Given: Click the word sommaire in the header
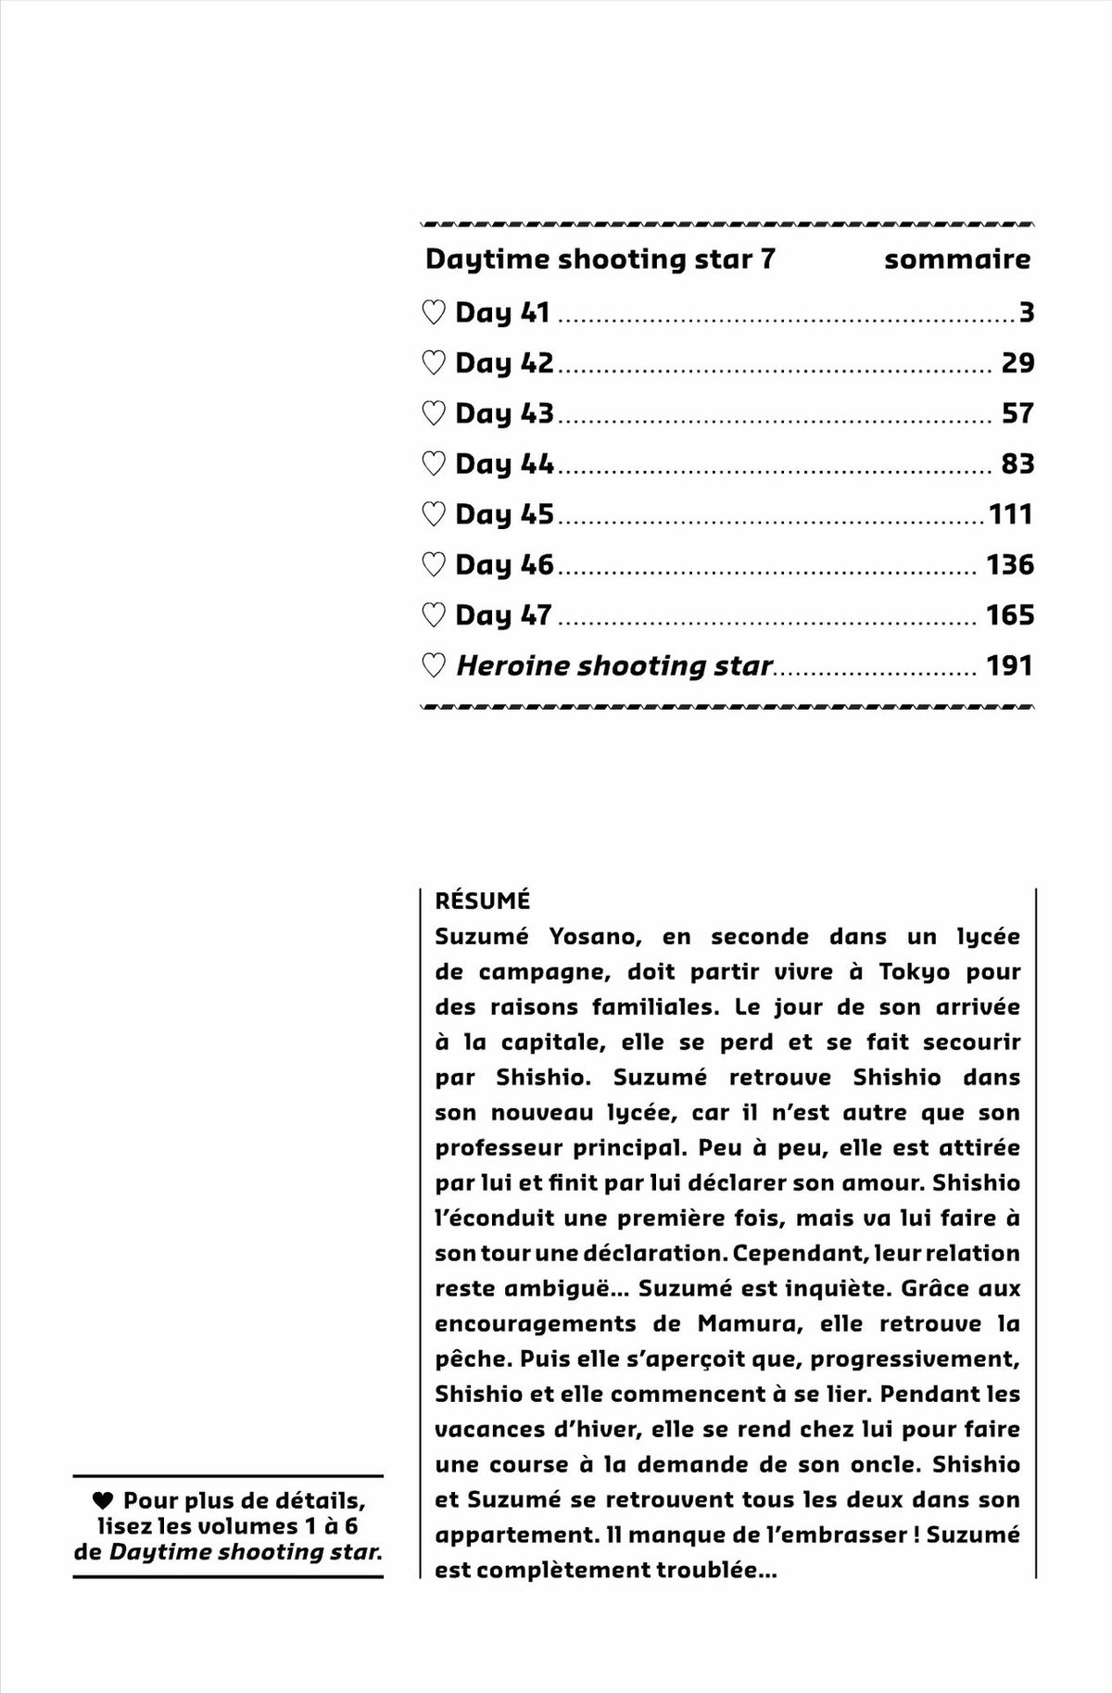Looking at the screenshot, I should [956, 259].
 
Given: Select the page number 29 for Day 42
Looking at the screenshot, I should [1017, 362].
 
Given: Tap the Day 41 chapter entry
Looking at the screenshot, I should [502, 313].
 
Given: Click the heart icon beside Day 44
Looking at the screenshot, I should [433, 463].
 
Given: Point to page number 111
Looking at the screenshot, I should [1010, 514].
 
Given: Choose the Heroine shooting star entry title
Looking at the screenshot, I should [613, 665].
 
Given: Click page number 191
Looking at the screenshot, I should [1009, 665].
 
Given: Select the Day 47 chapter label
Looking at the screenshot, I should [503, 615].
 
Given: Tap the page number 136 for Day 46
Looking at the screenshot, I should [1009, 564].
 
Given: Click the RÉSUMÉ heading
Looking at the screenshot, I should [482, 901].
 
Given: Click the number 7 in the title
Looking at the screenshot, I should [766, 259].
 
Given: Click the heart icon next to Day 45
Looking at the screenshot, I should [433, 514].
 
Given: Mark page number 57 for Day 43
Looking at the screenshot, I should [1017, 413].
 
